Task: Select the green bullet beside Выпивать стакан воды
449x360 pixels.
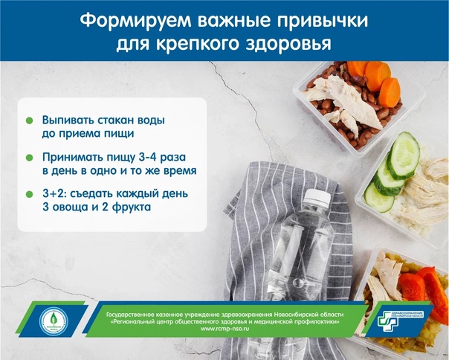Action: click(28, 120)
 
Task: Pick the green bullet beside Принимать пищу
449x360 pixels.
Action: click(28, 158)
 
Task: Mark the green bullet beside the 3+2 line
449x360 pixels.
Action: click(28, 194)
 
